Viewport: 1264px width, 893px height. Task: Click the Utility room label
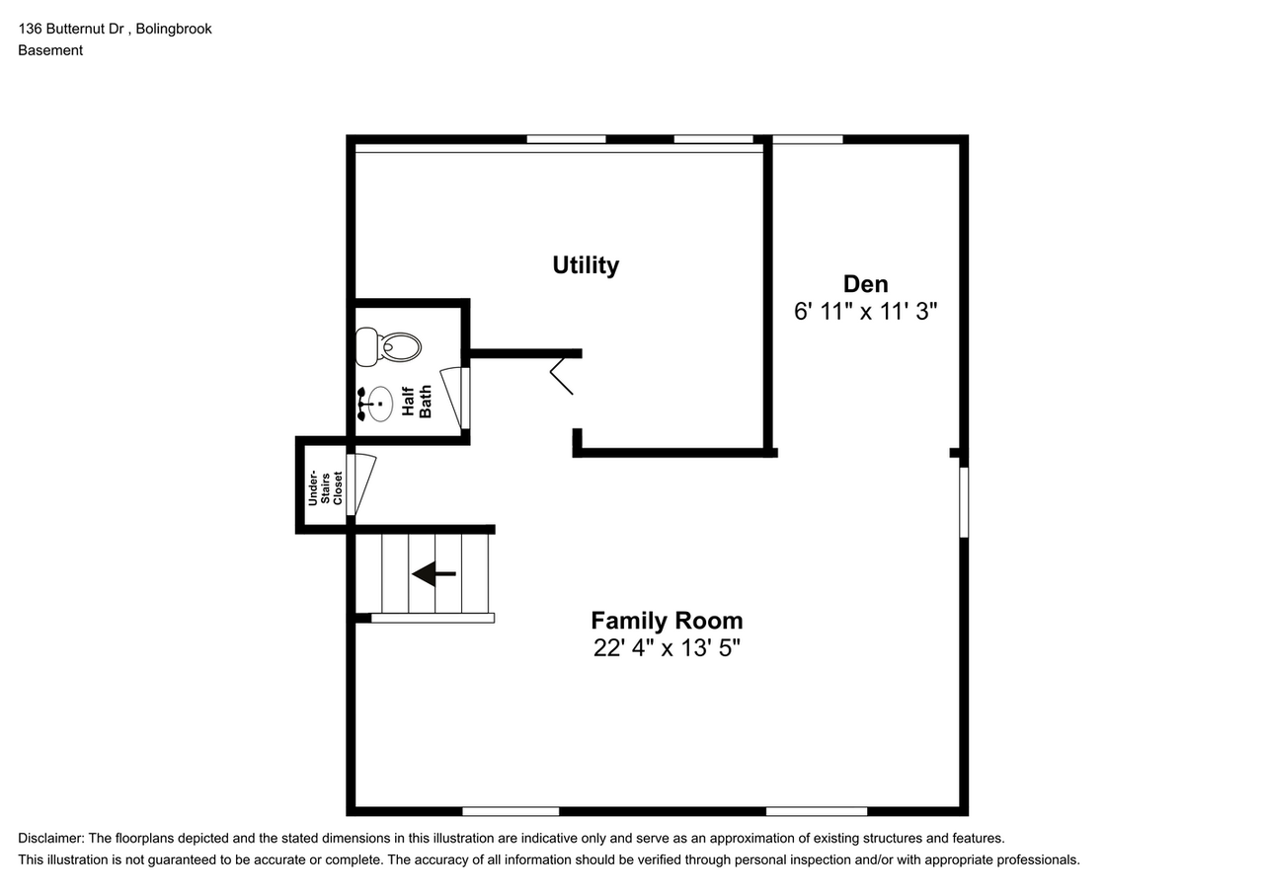click(586, 265)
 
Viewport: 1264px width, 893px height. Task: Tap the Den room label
click(865, 284)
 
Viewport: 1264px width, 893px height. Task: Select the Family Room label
click(667, 621)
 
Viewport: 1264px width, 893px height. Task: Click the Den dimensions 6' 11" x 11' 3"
click(865, 312)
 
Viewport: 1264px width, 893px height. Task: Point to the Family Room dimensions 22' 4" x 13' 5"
click(667, 648)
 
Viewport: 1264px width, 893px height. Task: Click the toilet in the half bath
click(389, 346)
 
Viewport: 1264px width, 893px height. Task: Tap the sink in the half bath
click(372, 403)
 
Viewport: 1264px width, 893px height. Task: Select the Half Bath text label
click(417, 402)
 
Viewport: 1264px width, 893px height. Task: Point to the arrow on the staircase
click(434, 573)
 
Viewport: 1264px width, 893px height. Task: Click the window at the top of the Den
click(807, 140)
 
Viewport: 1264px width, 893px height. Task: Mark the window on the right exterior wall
click(964, 502)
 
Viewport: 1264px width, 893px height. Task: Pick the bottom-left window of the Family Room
click(511, 811)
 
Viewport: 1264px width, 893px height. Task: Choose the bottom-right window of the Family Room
click(817, 811)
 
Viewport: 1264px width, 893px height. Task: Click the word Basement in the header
click(50, 50)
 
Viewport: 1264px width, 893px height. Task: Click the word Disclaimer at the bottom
click(50, 839)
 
